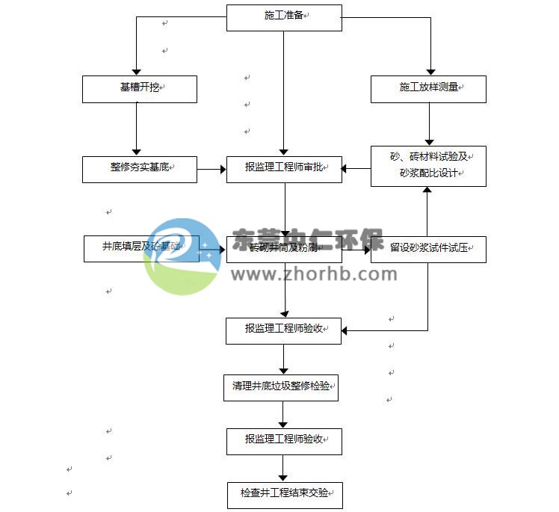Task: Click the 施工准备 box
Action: click(284, 18)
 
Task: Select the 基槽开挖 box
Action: click(140, 89)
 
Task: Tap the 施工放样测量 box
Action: click(428, 89)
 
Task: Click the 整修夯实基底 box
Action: click(140, 169)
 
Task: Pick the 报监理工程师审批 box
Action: click(284, 169)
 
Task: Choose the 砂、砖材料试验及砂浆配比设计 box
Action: click(428, 166)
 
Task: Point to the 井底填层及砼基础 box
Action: click(141, 249)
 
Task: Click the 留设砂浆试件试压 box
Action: click(428, 249)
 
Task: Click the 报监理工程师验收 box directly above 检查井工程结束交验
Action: click(284, 442)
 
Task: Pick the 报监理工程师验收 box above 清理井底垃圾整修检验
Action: click(284, 330)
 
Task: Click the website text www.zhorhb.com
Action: click(314, 274)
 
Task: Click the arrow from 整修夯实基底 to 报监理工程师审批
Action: click(212, 170)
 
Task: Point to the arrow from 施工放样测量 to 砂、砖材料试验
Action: click(428, 124)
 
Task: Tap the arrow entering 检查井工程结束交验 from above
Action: click(283, 469)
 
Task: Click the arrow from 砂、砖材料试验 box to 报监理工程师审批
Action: click(356, 169)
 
